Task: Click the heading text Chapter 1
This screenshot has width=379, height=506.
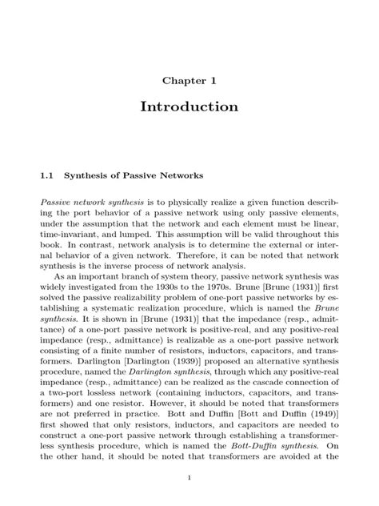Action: pos(189,80)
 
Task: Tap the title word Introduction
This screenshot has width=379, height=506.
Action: pos(189,106)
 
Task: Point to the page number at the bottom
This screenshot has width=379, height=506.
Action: pos(189,478)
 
